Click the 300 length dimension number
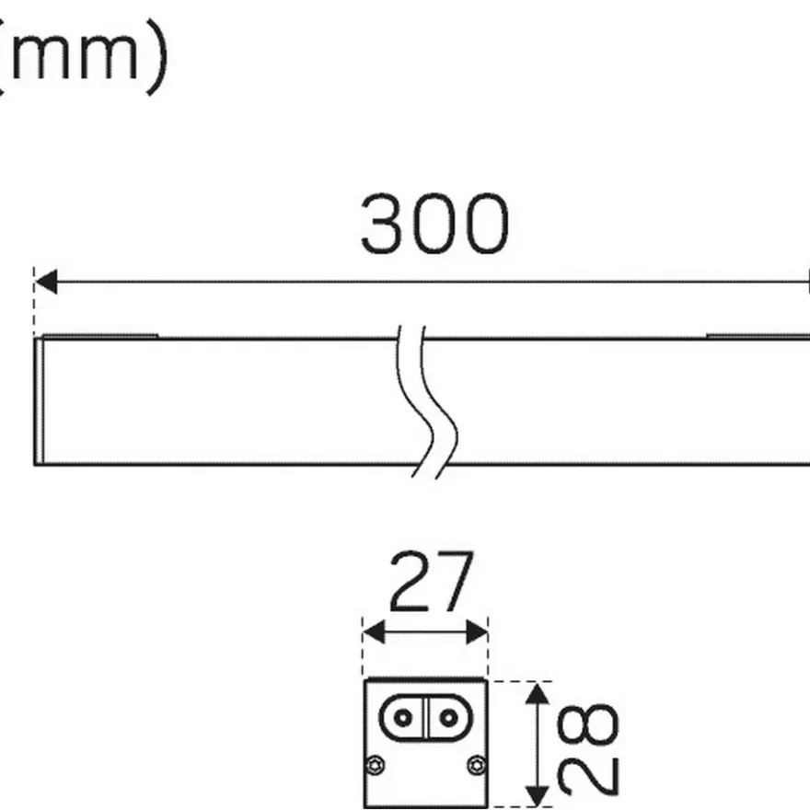pyautogui.click(x=434, y=224)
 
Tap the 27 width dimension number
pyautogui.click(x=432, y=581)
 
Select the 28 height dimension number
pyautogui.click(x=588, y=749)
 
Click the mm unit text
pyautogui.click(x=75, y=54)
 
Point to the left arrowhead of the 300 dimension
pyautogui.click(x=46, y=282)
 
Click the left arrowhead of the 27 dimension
pyautogui.click(x=374, y=632)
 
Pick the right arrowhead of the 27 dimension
pyautogui.click(x=477, y=632)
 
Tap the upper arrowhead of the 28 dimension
pyautogui.click(x=538, y=693)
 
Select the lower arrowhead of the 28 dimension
pyautogui.click(x=538, y=795)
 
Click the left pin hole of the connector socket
pyautogui.click(x=403, y=718)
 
